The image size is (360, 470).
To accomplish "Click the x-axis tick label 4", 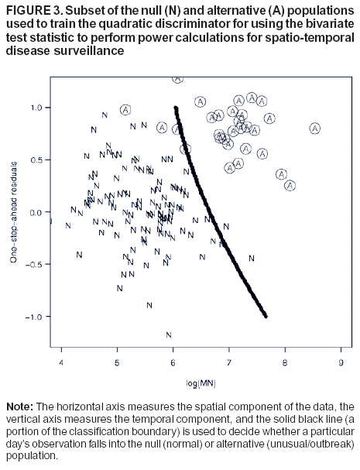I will [x=61, y=361].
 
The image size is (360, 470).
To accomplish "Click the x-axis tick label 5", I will [x=117, y=361].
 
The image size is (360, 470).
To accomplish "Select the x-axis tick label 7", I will [x=228, y=361].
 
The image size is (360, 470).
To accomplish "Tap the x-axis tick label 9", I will [x=341, y=361].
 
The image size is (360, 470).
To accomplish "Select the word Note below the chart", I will [x=19, y=406].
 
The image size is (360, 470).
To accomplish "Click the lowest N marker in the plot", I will [x=168, y=334].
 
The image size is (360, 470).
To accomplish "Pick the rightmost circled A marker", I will [x=314, y=129].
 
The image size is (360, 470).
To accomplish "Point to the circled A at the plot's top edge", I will [x=177, y=78].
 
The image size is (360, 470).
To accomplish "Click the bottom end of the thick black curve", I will [x=266, y=316].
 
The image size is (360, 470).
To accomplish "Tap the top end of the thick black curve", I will [x=176, y=108].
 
